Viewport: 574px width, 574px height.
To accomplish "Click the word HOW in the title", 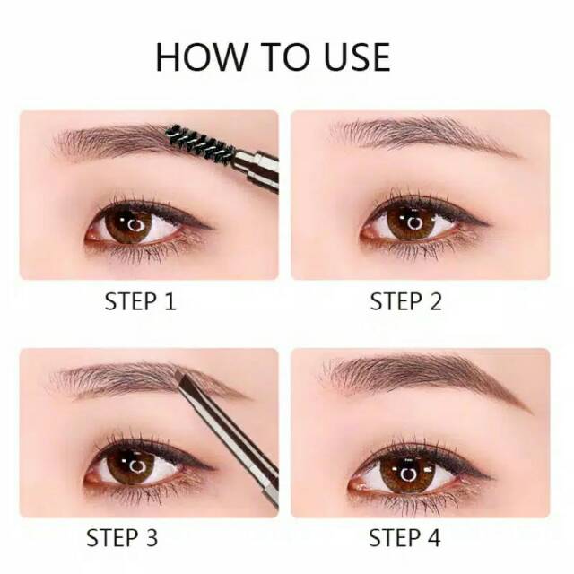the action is [x=201, y=57].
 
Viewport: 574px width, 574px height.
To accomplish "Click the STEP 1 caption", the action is [x=140, y=301].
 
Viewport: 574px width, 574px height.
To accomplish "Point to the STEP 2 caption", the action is [x=405, y=301].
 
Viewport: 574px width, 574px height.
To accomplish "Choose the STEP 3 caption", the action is [x=122, y=538].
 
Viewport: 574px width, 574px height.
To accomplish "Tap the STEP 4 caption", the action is [x=404, y=538].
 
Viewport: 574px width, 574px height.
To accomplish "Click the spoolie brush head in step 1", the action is [x=200, y=143].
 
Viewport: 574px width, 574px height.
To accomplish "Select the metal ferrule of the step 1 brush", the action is [x=257, y=170].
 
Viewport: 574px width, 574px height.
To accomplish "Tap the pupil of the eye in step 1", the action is [x=135, y=225].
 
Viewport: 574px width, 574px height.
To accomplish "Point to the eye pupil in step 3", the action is [x=137, y=466].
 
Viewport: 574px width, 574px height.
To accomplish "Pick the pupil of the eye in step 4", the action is [x=407, y=474].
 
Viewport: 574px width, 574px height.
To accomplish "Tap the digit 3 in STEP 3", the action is [x=151, y=538].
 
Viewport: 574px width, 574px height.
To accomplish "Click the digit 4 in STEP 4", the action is [x=433, y=538].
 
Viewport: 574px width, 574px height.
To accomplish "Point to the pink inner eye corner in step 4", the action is [x=354, y=486].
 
